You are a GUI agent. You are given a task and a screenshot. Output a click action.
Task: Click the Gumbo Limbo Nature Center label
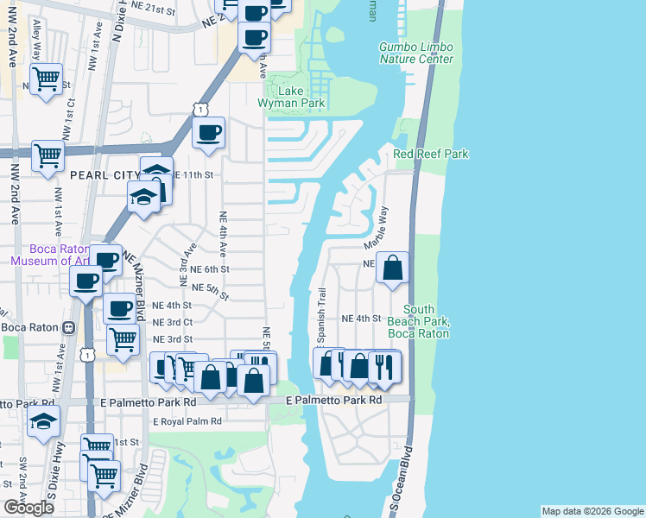coord(415,53)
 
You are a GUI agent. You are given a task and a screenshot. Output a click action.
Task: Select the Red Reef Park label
coord(430,154)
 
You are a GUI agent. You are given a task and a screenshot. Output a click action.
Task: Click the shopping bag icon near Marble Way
coord(392,268)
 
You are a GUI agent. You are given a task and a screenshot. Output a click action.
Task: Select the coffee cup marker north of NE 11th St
coord(208,133)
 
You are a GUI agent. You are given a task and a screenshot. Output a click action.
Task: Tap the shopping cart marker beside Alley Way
coord(47,80)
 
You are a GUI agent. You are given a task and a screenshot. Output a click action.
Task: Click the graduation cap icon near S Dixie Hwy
coord(43,423)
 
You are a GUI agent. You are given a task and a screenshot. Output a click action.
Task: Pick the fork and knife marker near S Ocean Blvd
coord(384,367)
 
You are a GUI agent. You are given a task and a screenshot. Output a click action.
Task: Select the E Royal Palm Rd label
coord(187,421)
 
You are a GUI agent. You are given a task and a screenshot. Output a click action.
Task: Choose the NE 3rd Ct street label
coord(172,322)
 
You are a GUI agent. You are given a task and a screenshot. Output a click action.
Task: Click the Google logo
coord(28,508)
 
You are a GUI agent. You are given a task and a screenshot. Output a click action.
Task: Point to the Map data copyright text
coord(592,511)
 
